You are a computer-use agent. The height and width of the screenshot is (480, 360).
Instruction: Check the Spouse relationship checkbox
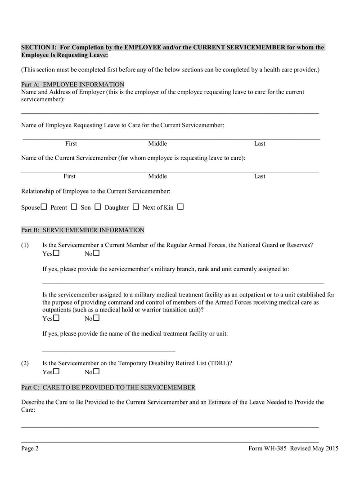click(x=44, y=207)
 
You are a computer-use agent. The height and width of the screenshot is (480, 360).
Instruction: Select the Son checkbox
click(x=98, y=207)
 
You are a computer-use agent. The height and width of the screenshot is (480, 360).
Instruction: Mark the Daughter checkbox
click(x=136, y=207)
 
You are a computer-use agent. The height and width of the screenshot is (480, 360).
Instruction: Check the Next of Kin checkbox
click(x=180, y=207)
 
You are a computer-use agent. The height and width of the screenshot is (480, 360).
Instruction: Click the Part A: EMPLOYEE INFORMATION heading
click(x=73, y=85)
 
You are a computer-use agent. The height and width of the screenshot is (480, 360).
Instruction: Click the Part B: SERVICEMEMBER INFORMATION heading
click(x=83, y=230)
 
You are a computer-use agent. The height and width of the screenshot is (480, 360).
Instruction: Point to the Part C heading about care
click(x=108, y=387)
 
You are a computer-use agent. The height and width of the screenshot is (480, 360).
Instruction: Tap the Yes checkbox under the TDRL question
click(x=56, y=372)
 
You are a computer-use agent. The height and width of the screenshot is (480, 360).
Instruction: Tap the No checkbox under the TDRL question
click(x=96, y=372)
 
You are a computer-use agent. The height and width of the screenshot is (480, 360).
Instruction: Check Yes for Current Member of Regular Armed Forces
click(x=56, y=253)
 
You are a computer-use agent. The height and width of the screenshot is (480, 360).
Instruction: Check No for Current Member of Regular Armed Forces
click(x=96, y=253)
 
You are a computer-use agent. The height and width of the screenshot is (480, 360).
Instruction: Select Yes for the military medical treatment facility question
click(x=56, y=318)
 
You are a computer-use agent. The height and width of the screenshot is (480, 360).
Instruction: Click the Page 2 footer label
click(x=30, y=448)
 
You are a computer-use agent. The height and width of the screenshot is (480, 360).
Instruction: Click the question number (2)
click(x=25, y=363)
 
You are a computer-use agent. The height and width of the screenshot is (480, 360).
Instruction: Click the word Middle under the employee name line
click(x=157, y=144)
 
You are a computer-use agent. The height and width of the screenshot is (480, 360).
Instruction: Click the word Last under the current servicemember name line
click(x=260, y=176)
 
